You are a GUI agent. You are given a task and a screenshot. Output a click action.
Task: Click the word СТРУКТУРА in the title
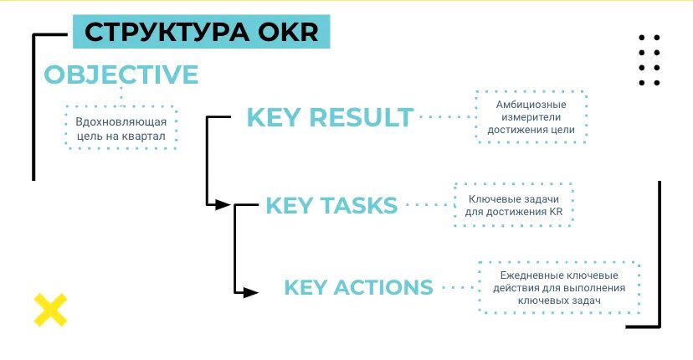[x=158, y=33]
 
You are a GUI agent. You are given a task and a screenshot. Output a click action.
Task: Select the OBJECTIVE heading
[x=121, y=75]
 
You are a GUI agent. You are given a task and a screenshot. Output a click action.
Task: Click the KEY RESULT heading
[x=330, y=117]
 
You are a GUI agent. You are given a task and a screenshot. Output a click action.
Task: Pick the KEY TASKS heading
[x=331, y=205]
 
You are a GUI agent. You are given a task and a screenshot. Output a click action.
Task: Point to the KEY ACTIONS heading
[x=358, y=287]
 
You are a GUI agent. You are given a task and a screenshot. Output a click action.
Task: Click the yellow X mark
[x=50, y=310]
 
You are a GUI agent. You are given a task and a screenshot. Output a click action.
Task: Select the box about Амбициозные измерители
[x=531, y=117]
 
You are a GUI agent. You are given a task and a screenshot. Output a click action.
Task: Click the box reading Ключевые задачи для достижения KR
[x=513, y=204]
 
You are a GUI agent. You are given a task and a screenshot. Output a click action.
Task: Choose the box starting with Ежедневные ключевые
[x=559, y=287]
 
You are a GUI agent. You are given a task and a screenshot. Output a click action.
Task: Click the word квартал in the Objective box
[x=145, y=136]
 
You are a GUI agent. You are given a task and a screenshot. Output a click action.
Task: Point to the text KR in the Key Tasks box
[x=552, y=212]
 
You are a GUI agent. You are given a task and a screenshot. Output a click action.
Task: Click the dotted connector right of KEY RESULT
[x=444, y=117]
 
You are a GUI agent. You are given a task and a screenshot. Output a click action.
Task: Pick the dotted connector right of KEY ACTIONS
[x=456, y=287]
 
